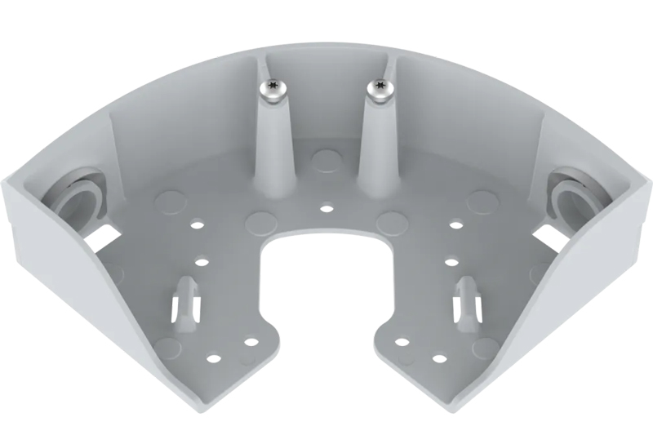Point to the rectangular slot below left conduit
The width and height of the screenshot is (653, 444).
pyautogui.click(x=104, y=236)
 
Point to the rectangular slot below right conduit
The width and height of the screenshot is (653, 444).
pyautogui.click(x=549, y=236)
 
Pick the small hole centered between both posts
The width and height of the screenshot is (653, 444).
pyautogui.click(x=326, y=209)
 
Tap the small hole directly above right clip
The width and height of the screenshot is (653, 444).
pyautogui.click(x=451, y=262)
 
